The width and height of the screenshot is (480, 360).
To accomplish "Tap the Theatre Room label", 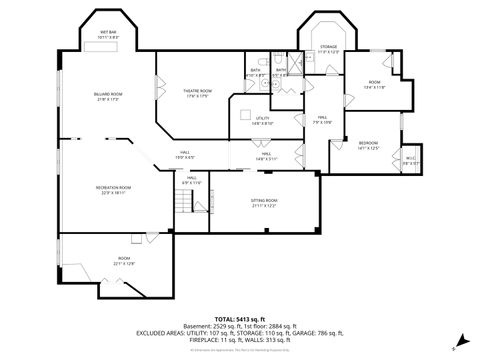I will tap(196, 94).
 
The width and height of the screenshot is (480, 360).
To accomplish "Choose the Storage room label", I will tap(329, 49).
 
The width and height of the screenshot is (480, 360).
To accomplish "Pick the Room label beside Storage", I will tap(375, 84).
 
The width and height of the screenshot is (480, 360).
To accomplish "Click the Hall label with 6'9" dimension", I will tap(190, 181).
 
